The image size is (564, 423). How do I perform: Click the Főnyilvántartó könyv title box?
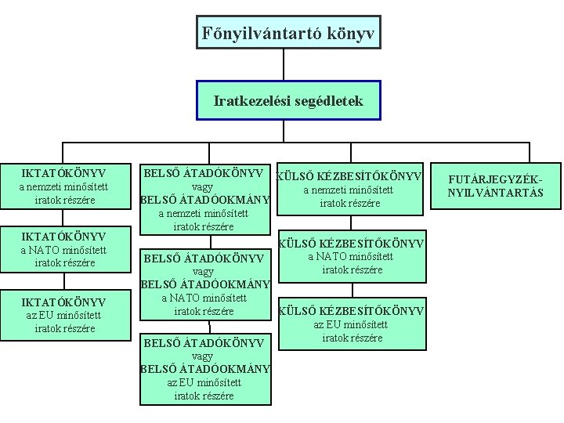coord(288,32)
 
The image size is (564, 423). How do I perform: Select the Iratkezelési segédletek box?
coord(288,100)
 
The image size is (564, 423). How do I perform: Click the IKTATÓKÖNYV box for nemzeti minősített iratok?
coord(64,186)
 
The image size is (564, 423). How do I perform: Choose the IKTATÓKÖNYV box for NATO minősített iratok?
coord(64,249)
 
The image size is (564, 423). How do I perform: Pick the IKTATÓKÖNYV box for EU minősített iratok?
coord(64,314)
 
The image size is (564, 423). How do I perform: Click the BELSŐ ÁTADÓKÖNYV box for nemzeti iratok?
coord(204,199)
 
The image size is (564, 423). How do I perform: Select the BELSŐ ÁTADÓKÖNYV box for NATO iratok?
coord(204,284)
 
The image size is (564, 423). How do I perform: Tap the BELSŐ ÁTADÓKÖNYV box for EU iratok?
coord(204,368)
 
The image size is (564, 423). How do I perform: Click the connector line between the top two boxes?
coord(288,65)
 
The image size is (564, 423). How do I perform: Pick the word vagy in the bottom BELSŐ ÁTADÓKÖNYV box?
coord(204,356)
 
